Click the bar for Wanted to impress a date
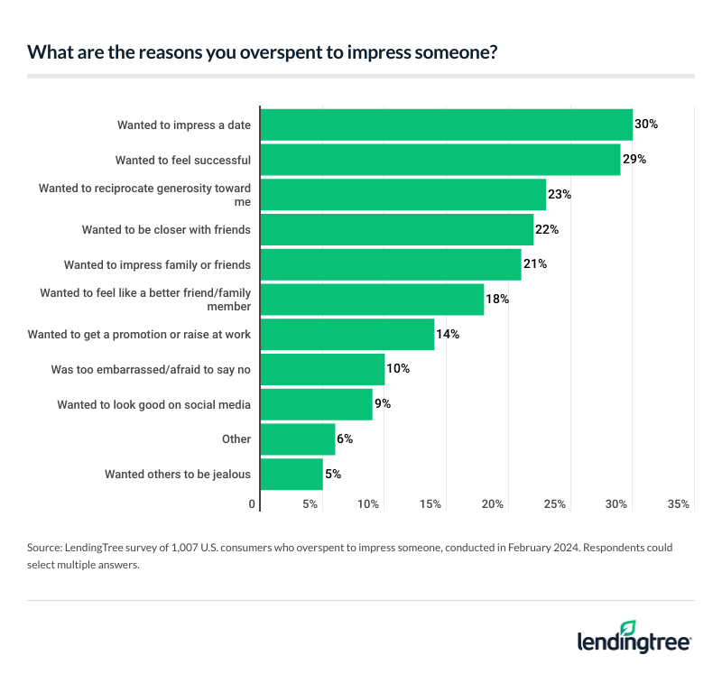[x=446, y=125]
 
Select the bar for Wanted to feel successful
[x=440, y=160]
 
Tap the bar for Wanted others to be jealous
[x=291, y=474]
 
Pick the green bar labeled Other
[x=297, y=439]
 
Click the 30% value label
[x=646, y=125]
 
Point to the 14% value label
[x=449, y=334]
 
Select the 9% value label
[x=383, y=404]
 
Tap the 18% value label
[x=498, y=299]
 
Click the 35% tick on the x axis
[x=679, y=504]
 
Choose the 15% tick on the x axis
[x=430, y=504]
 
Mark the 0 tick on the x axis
[x=252, y=504]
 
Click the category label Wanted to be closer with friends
[x=166, y=230]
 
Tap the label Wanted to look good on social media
[x=153, y=404]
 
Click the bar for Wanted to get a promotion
[x=347, y=334]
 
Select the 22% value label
[x=547, y=230]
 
